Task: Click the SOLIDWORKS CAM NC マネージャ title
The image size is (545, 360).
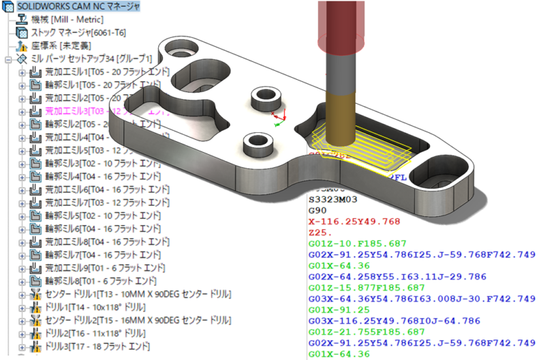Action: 80,7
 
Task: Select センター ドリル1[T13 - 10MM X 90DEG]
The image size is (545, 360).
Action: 130,294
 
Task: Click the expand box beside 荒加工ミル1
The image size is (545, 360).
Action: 22,72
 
